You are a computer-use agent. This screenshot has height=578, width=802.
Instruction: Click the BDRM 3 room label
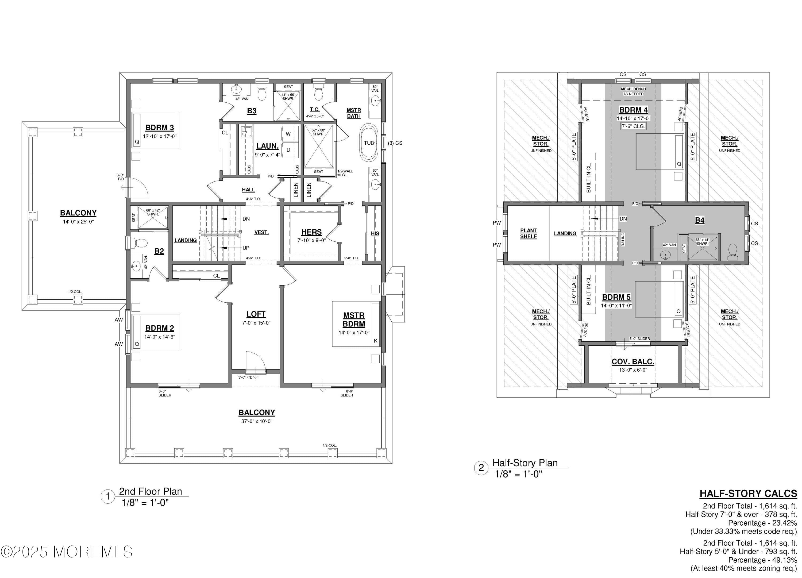click(x=160, y=128)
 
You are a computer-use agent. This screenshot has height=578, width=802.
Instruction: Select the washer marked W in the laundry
click(x=288, y=134)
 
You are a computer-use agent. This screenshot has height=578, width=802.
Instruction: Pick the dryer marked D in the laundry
click(x=288, y=150)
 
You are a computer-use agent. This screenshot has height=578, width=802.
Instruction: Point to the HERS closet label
click(x=311, y=232)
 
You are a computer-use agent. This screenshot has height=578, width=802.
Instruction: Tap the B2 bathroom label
click(x=159, y=251)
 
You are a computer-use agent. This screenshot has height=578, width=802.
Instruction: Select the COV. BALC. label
click(x=633, y=362)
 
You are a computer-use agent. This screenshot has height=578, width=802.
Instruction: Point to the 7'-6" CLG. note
click(x=633, y=126)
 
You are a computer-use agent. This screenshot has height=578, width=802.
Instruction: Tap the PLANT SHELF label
click(x=528, y=233)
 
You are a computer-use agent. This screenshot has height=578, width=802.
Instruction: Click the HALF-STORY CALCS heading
click(x=748, y=494)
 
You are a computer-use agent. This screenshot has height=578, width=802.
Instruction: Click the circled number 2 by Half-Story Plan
click(x=481, y=468)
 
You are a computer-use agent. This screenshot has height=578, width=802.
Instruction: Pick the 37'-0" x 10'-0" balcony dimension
click(x=257, y=421)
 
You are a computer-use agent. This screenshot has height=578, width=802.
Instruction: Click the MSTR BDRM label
click(x=354, y=319)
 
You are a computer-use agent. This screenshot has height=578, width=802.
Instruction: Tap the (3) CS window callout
click(x=395, y=143)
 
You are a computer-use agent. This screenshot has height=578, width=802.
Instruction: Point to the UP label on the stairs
click(x=246, y=248)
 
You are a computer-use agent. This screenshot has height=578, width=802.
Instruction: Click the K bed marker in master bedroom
click(x=376, y=341)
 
